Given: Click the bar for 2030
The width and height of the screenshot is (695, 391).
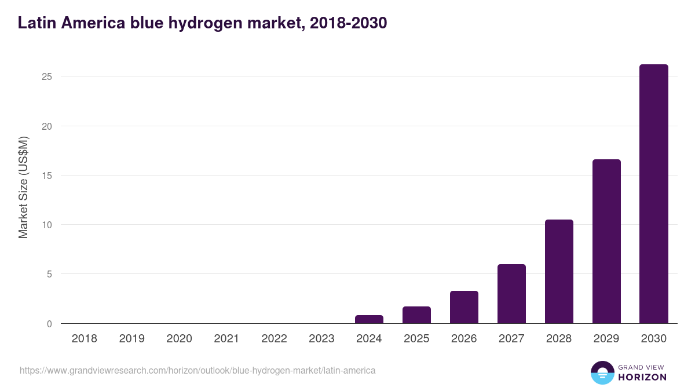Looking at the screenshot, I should click(x=653, y=194).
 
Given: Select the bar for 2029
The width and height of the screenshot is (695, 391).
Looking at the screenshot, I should click(x=606, y=242).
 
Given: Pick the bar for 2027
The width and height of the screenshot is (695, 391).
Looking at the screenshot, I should click(x=511, y=294).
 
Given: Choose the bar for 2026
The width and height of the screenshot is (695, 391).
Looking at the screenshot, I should click(x=464, y=307).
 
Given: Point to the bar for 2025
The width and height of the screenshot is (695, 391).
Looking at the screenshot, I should click(x=416, y=315).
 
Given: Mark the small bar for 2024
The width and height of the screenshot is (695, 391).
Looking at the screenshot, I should click(x=369, y=319).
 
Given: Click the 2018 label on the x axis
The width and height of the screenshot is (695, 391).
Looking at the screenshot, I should click(x=84, y=339).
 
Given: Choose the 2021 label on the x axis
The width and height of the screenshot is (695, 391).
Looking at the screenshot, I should click(x=226, y=339).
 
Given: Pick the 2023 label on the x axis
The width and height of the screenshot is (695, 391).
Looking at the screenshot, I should click(x=321, y=339).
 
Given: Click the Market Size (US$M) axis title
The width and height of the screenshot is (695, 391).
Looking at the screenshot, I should click(x=23, y=187).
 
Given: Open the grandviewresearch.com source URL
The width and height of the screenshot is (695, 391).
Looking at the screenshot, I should click(x=197, y=370).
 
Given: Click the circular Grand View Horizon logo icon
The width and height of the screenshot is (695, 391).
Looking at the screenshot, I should click(x=602, y=373).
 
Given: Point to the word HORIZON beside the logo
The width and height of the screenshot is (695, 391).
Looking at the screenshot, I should click(x=642, y=377).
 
